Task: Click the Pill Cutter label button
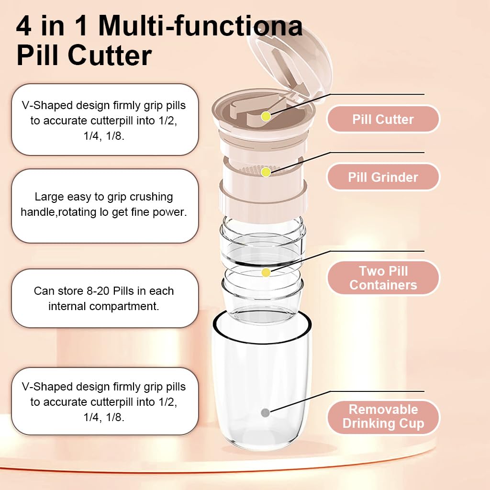(x=383, y=119)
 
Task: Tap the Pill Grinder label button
(x=383, y=177)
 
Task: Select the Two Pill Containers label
(x=383, y=278)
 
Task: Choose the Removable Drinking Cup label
(x=383, y=416)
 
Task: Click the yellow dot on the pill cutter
(x=266, y=116)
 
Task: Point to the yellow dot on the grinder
(x=266, y=172)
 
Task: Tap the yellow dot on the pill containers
(x=266, y=272)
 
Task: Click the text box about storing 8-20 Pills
(x=104, y=298)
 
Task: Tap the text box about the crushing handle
(x=104, y=205)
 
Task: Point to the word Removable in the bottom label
(x=383, y=410)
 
